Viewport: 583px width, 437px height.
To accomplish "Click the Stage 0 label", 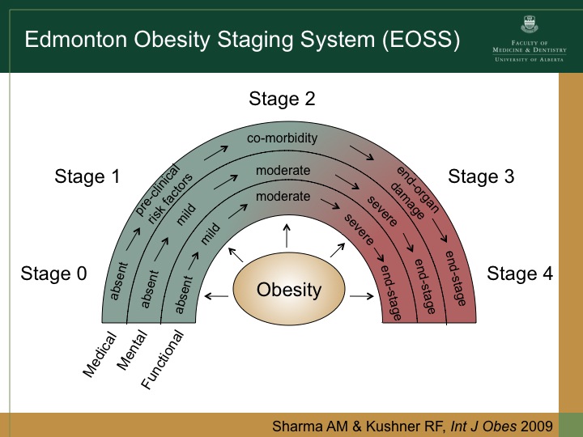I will click(53, 274).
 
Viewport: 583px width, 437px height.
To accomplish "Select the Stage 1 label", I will click(87, 176).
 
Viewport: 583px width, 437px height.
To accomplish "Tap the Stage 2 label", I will click(282, 100).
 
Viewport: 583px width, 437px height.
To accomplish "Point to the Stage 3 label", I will click(481, 176).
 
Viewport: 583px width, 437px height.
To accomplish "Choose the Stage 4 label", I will click(520, 274).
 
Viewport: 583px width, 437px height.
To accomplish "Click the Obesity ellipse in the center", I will click(289, 290).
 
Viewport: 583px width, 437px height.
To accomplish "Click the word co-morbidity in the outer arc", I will click(282, 138).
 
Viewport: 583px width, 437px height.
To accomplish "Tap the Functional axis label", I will click(162, 359).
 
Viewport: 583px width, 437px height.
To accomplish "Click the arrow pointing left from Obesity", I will click(215, 297).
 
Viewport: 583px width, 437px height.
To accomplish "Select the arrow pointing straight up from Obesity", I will click(286, 237).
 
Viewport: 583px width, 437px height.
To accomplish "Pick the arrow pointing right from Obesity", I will click(360, 297).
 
